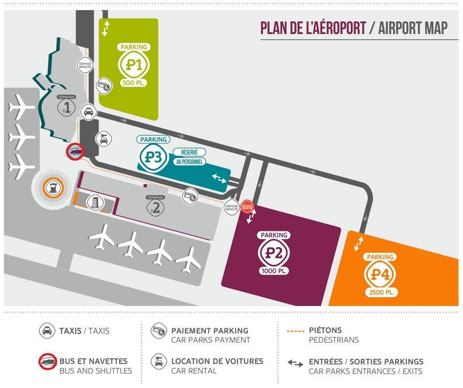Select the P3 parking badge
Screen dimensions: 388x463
tap(154, 157)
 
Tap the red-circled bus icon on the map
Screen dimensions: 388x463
tap(75, 152)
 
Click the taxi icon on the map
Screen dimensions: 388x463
tap(89, 112)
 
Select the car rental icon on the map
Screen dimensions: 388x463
tap(104, 139)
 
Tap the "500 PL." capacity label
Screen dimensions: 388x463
tap(134, 83)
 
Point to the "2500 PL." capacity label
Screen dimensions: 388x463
tap(381, 292)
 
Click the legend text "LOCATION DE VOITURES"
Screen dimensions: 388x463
tap(217, 361)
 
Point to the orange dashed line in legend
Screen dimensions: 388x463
tap(296, 331)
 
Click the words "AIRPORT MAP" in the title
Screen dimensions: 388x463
tap(412, 28)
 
